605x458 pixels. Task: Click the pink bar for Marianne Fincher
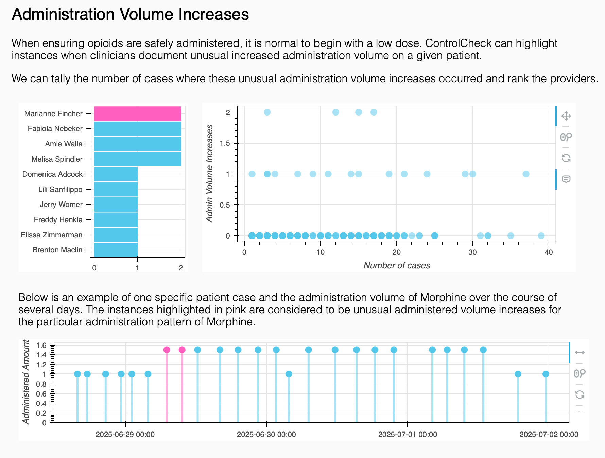[137, 113]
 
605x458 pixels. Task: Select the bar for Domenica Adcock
[116, 174]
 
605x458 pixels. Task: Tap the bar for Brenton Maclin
[116, 250]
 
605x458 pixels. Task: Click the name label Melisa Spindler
[57, 159]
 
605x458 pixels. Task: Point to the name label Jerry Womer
[61, 204]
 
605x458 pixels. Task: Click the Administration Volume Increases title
[130, 14]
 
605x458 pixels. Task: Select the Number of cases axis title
[397, 265]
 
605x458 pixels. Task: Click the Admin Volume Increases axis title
[210, 174]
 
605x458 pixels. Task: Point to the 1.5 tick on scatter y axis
[225, 143]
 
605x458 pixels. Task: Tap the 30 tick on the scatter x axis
[472, 252]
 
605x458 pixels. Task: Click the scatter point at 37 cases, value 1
[526, 174]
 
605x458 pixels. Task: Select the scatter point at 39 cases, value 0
[541, 236]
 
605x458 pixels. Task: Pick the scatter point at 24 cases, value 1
[427, 174]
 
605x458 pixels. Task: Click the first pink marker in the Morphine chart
[167, 350]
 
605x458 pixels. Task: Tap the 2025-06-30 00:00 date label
[266, 434]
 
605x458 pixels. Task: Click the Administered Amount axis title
[26, 382]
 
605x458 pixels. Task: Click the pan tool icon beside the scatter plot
[566, 116]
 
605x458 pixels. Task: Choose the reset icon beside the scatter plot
[566, 158]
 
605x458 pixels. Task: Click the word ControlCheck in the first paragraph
[458, 43]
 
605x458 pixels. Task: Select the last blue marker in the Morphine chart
[546, 374]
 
